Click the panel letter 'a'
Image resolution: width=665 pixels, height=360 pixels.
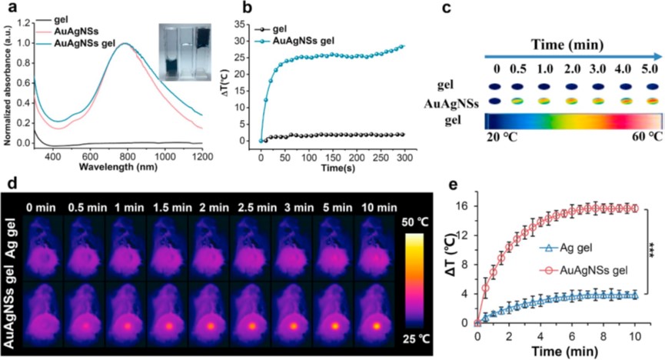coord(10,8)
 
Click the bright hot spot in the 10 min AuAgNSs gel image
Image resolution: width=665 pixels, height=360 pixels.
coord(377,325)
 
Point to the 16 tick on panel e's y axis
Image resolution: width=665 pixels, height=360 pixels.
coord(465,205)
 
